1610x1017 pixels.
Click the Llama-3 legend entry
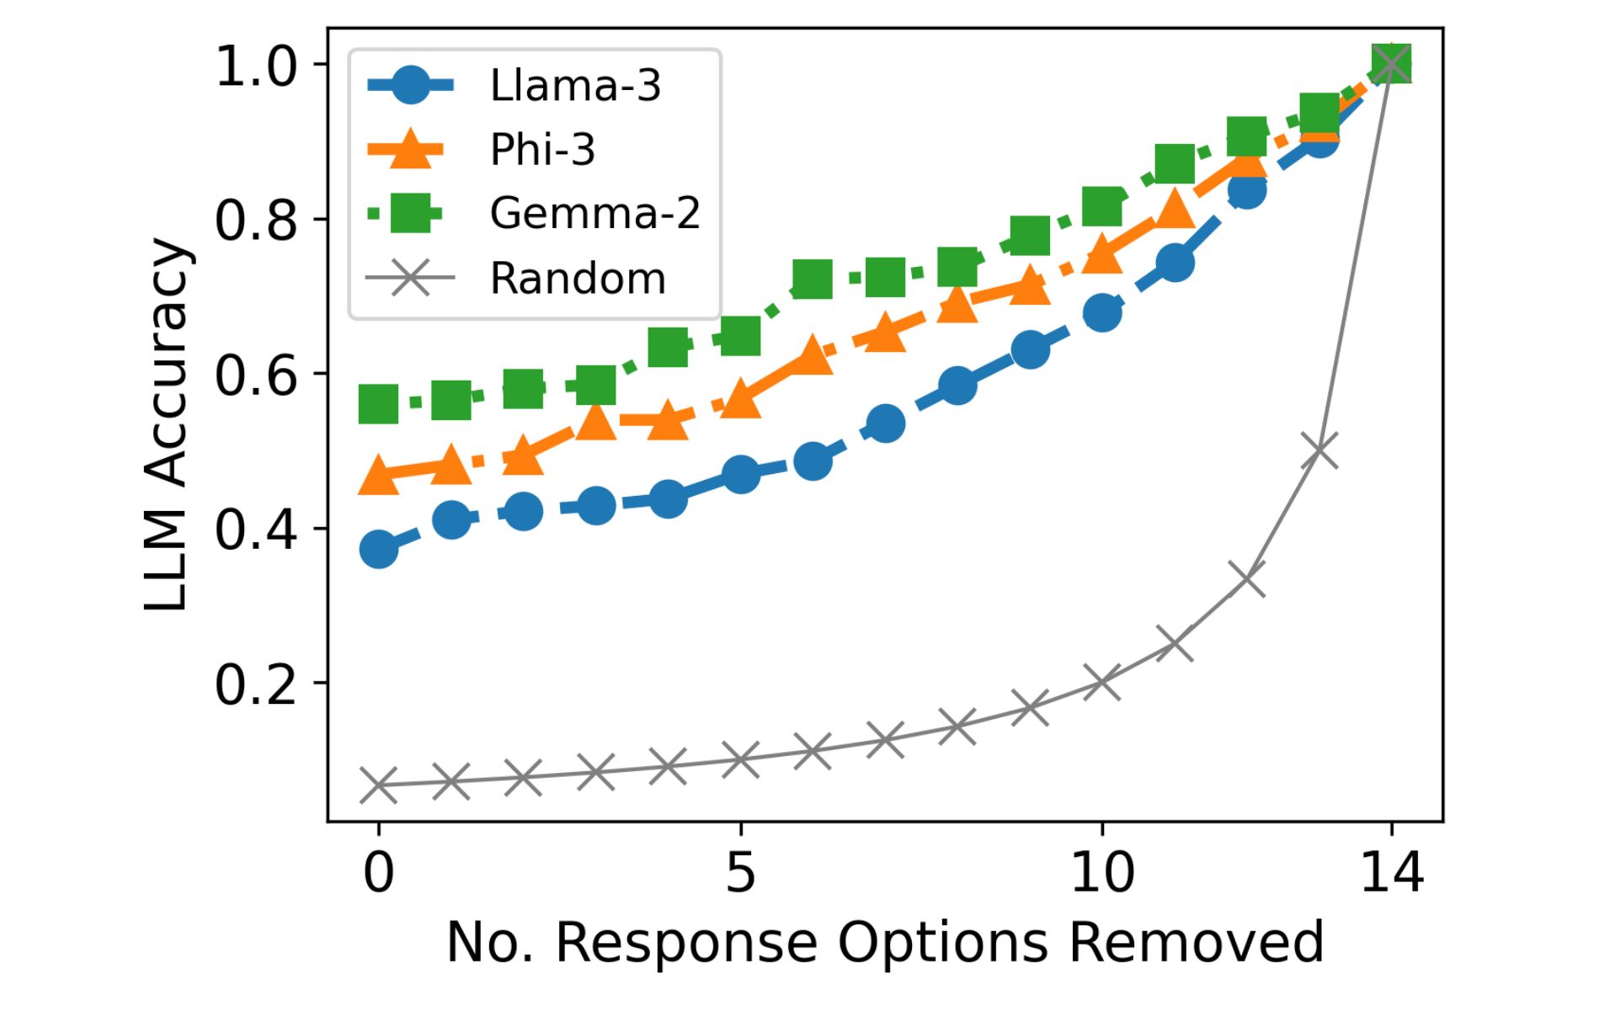575,85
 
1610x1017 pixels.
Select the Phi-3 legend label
542,149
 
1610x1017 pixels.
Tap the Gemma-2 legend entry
594,213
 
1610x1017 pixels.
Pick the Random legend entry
578,278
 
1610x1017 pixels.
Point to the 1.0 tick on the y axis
256,66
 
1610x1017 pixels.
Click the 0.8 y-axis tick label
256,220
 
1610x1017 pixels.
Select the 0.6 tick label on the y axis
256,375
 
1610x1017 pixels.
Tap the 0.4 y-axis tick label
256,530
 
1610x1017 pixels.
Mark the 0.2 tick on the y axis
256,684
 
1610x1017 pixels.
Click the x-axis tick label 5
740,872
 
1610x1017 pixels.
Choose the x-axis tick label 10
1101,872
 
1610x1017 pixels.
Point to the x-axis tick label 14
1391,872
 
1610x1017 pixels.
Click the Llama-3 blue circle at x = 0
379,550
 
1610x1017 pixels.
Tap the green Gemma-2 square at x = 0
379,404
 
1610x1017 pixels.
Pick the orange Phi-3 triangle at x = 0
379,477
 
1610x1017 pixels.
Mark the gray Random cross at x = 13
1319,450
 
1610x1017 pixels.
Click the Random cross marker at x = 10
1101,682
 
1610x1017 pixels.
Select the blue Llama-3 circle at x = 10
1101,313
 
